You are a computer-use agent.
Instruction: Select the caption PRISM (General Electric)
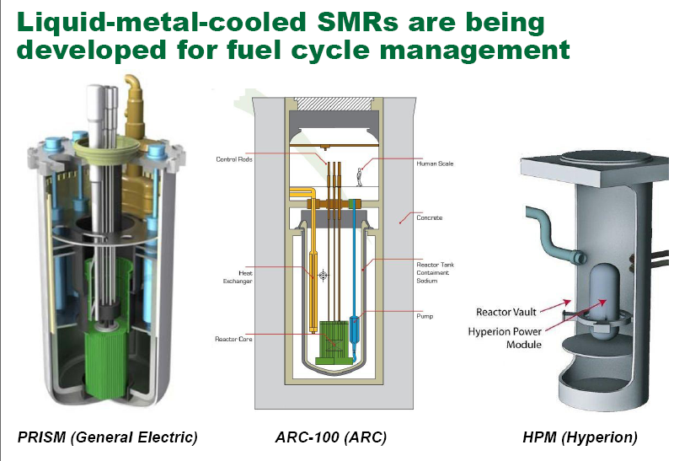point(107,437)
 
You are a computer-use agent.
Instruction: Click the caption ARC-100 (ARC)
point(331,437)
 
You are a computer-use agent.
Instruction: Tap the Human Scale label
point(435,163)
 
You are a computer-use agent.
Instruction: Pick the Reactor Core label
point(231,338)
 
